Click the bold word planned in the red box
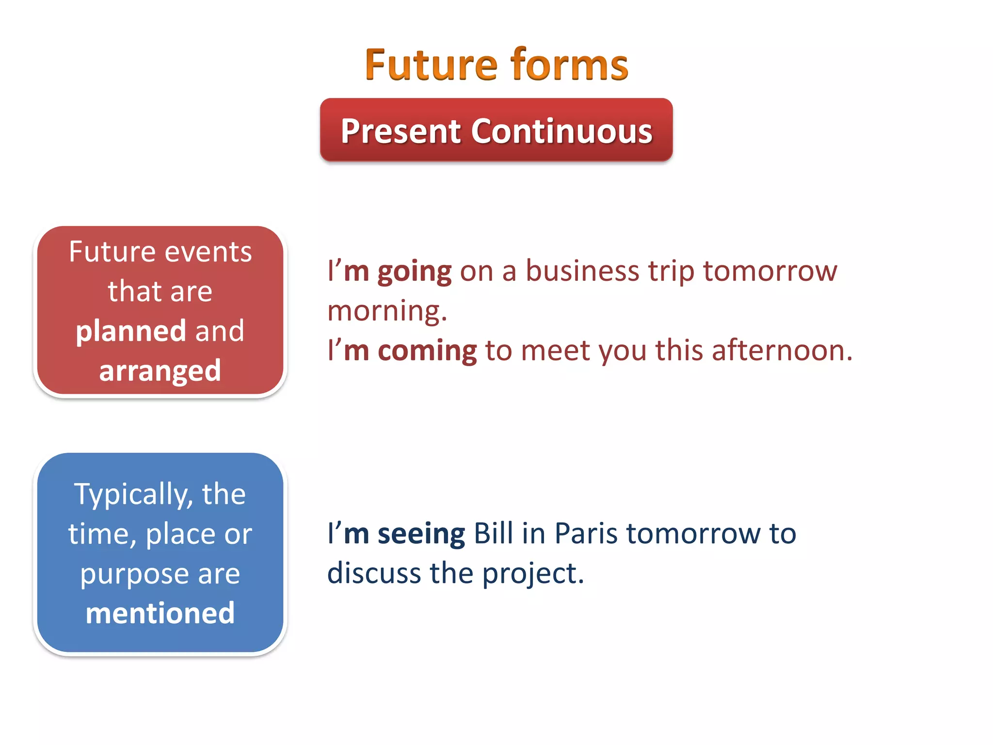(131, 332)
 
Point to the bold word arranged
(160, 371)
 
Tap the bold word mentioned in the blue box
(160, 613)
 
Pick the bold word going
(415, 272)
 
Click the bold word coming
(427, 351)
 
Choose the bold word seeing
(421, 534)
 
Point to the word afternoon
(781, 350)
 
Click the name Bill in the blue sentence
(493, 534)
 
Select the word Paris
(586, 534)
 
